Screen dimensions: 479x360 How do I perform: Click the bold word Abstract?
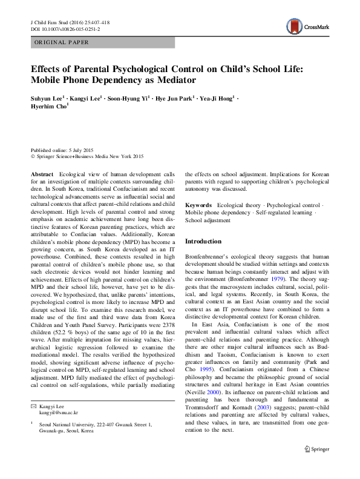pos(42,174)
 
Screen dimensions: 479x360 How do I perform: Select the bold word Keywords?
pos(198,205)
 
